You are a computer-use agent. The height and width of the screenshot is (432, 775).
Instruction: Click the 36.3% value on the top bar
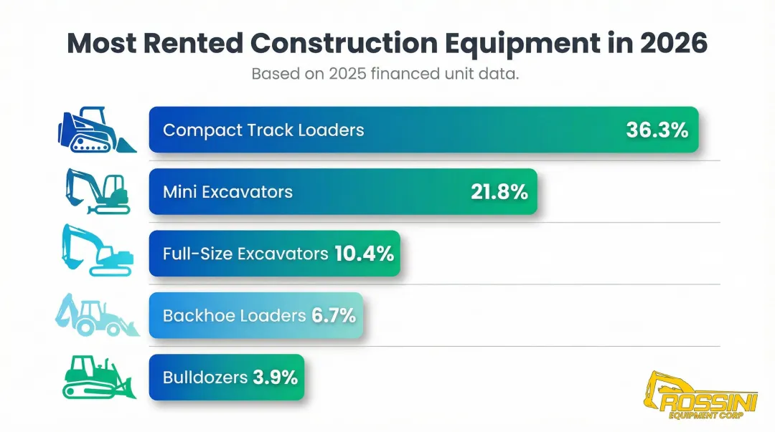(x=657, y=130)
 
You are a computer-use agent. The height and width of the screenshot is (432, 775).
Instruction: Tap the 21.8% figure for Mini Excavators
(x=499, y=192)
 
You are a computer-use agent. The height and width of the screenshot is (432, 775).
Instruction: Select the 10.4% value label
(x=365, y=253)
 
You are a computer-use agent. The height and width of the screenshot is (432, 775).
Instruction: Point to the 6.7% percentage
(x=334, y=315)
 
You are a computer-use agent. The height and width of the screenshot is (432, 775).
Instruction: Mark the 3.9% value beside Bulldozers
(x=275, y=377)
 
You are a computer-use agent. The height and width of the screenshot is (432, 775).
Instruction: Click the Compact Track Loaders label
(x=263, y=130)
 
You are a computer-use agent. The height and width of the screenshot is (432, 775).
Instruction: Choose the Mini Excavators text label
(x=227, y=192)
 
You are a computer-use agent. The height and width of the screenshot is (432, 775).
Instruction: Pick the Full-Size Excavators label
(x=245, y=254)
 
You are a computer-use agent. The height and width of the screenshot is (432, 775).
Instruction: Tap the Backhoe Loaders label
(x=234, y=315)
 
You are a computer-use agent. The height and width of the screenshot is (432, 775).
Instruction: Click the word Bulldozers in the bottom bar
(x=205, y=377)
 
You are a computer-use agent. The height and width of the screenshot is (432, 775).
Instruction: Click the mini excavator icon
(x=97, y=191)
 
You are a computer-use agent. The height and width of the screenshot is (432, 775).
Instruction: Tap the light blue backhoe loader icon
(x=95, y=315)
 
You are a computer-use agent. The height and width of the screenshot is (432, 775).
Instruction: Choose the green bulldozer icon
(x=97, y=378)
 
